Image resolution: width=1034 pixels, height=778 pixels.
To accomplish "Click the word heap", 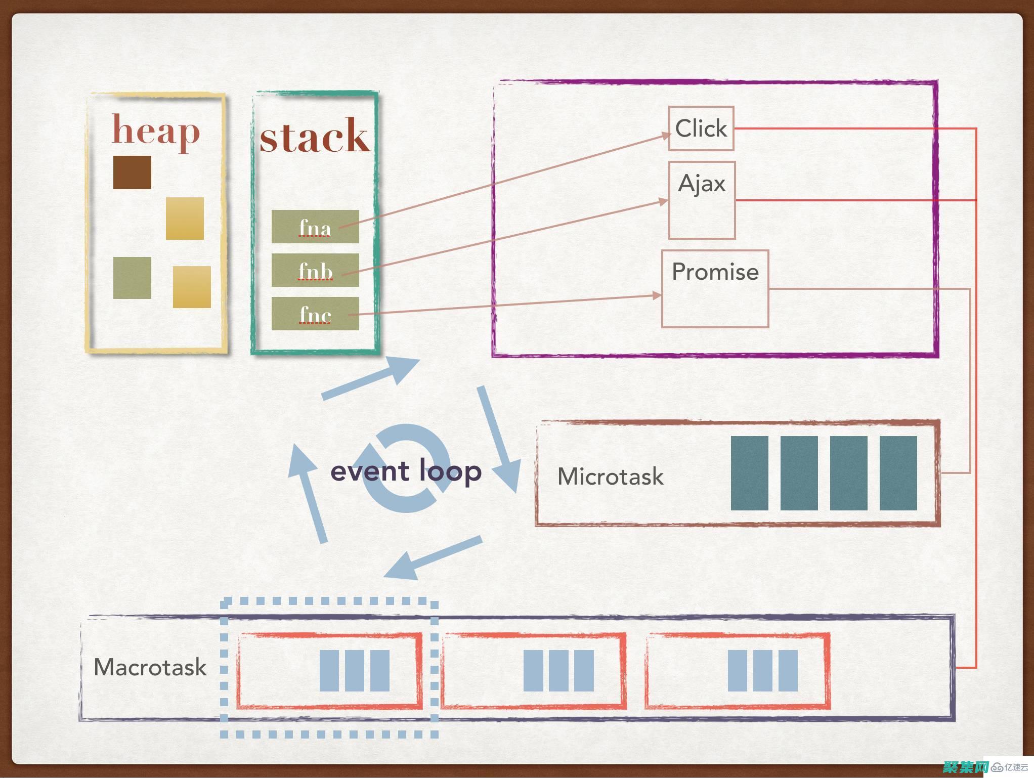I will pyautogui.click(x=156, y=131).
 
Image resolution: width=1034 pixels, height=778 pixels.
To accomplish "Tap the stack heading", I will pyautogui.click(x=315, y=136).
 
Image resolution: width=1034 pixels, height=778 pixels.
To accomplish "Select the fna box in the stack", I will pyautogui.click(x=315, y=227).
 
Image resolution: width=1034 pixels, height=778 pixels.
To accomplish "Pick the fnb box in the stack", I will pyautogui.click(x=315, y=270).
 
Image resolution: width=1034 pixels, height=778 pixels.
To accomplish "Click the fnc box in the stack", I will pyautogui.click(x=315, y=314).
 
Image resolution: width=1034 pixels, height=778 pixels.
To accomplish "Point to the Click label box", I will pyautogui.click(x=701, y=128).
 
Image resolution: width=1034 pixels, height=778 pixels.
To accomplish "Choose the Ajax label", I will pyautogui.click(x=702, y=183).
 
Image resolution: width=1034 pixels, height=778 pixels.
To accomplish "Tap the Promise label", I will pyautogui.click(x=715, y=272).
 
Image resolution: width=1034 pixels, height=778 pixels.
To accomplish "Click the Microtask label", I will pyautogui.click(x=610, y=476).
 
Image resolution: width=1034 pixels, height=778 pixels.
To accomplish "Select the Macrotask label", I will pyautogui.click(x=150, y=667).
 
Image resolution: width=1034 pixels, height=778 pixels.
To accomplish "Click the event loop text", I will pyautogui.click(x=406, y=471).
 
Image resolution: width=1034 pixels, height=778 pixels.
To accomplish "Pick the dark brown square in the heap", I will pyautogui.click(x=132, y=172).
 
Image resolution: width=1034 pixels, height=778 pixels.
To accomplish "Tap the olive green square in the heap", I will pyautogui.click(x=132, y=278).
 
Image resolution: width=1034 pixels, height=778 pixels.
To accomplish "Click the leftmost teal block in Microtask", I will pyautogui.click(x=749, y=473).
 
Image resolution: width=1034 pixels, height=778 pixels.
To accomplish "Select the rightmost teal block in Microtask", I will pyautogui.click(x=898, y=473).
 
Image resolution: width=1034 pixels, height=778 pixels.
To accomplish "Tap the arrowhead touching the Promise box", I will pyautogui.click(x=657, y=295).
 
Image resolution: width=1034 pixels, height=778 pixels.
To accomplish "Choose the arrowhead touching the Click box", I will pyautogui.click(x=665, y=135).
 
